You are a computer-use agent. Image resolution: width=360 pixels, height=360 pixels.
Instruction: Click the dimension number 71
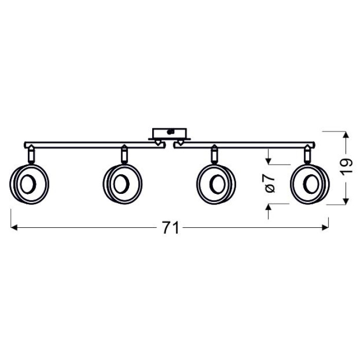click(x=170, y=227)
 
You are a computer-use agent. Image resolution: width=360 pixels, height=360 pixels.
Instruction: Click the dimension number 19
click(x=346, y=167)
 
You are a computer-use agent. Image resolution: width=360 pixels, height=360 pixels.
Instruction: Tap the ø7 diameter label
click(x=269, y=183)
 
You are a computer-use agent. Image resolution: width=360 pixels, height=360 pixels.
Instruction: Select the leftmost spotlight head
click(x=29, y=184)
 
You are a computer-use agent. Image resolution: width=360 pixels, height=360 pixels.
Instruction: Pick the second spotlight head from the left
click(x=122, y=184)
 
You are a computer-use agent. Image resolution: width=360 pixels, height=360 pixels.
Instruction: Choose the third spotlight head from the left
click(x=216, y=184)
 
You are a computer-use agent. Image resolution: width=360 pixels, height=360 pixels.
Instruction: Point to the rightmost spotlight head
click(x=310, y=184)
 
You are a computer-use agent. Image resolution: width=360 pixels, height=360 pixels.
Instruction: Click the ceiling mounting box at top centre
click(x=170, y=134)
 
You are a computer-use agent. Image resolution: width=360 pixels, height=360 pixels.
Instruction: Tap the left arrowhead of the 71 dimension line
click(x=14, y=227)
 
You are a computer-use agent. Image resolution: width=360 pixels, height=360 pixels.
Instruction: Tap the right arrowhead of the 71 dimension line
click(x=326, y=227)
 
